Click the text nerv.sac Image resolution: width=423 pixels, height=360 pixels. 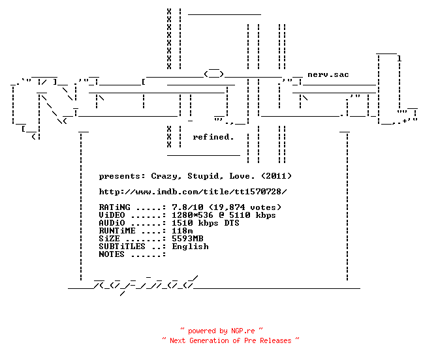(328, 74)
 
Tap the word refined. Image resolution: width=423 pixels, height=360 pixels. (213, 137)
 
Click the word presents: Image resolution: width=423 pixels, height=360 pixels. (122, 177)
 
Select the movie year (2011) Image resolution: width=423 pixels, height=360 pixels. (277, 176)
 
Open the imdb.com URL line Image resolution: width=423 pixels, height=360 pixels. (193, 192)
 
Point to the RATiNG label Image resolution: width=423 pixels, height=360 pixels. (114, 207)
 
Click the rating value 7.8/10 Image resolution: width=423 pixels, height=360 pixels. (187, 207)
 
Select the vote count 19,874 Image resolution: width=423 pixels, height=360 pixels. (230, 207)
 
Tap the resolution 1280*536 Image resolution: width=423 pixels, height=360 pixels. (193, 215)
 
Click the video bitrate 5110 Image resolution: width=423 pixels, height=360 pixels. (240, 215)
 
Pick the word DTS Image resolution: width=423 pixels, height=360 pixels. (232, 223)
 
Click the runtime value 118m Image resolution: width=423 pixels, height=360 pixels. (182, 231)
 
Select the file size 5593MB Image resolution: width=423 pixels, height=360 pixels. (187, 239)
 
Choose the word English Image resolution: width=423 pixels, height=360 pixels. (190, 247)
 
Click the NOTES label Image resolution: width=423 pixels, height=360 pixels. (112, 254)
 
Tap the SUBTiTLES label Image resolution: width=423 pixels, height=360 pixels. (122, 247)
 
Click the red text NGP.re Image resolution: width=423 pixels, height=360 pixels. (243, 331)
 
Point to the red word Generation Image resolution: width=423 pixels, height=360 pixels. (209, 340)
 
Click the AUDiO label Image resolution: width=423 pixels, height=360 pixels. (112, 223)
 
